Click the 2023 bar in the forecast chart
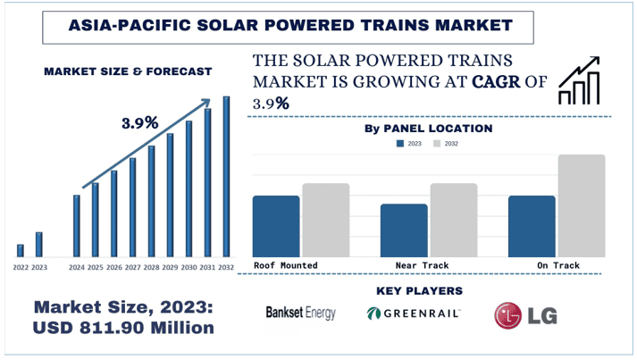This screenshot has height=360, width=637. tap(38, 244)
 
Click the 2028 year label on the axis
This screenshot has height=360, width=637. tap(151, 267)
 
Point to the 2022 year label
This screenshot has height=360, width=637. tap(20, 267)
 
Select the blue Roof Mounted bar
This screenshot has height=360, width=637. tap(276, 225)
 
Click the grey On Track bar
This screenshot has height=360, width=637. tap(582, 205)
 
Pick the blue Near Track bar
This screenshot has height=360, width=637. tap(404, 230)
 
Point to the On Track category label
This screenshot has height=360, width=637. tap(557, 265)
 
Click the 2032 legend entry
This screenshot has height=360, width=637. tap(445, 143)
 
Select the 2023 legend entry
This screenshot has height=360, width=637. tap(408, 143)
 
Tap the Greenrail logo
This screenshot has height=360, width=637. tap(414, 313)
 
